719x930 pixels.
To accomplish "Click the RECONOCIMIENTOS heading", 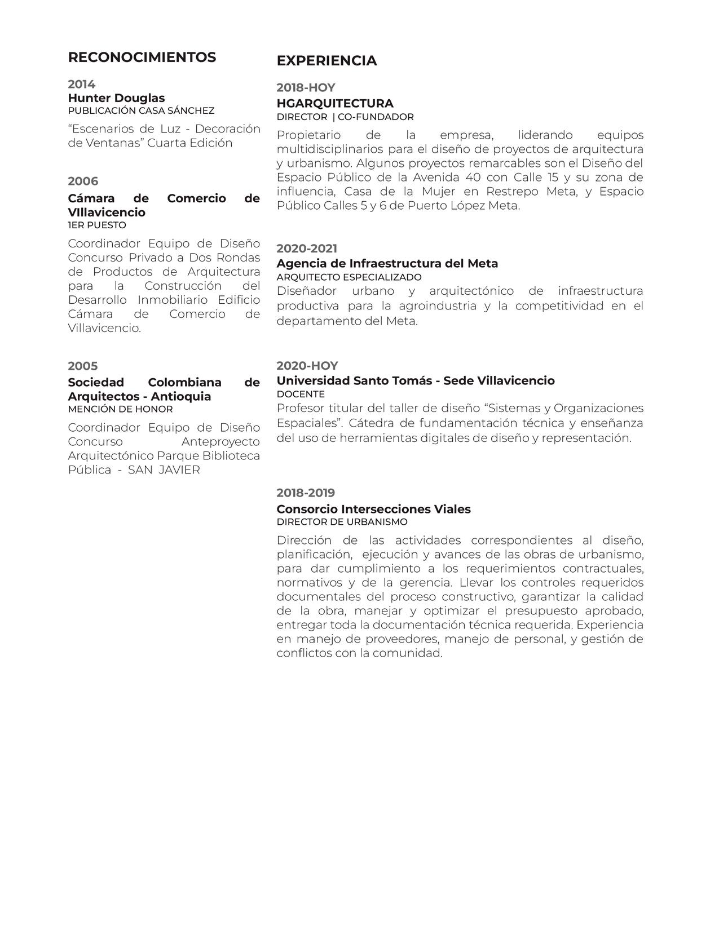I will [x=142, y=57].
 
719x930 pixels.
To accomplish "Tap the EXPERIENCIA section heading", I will [x=327, y=61].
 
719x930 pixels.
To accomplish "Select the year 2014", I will [x=82, y=85].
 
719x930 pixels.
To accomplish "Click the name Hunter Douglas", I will [x=116, y=98].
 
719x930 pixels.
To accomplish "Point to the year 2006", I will [x=83, y=181].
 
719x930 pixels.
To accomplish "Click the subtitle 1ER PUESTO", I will [x=97, y=225].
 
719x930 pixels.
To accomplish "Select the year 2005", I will [x=83, y=366].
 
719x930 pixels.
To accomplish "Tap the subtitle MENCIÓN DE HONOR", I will [x=120, y=409].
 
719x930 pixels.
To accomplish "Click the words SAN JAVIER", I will [x=164, y=470].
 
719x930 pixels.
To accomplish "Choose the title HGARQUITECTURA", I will [x=335, y=103].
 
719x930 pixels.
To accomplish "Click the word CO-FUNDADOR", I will [x=376, y=117].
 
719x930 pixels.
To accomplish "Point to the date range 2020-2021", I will [x=307, y=249].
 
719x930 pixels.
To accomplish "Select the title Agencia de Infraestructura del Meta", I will [x=387, y=263].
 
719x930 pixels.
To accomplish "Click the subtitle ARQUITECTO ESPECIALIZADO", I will [x=349, y=277].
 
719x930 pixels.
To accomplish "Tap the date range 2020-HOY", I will [x=307, y=366].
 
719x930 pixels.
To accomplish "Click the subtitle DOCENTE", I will [x=301, y=394].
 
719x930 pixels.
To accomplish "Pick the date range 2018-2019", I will [x=306, y=493].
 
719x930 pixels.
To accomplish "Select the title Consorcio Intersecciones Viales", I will [x=373, y=509].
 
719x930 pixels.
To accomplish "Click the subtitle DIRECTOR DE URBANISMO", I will [x=342, y=522].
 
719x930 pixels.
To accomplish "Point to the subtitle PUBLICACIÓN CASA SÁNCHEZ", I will [x=141, y=110].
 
